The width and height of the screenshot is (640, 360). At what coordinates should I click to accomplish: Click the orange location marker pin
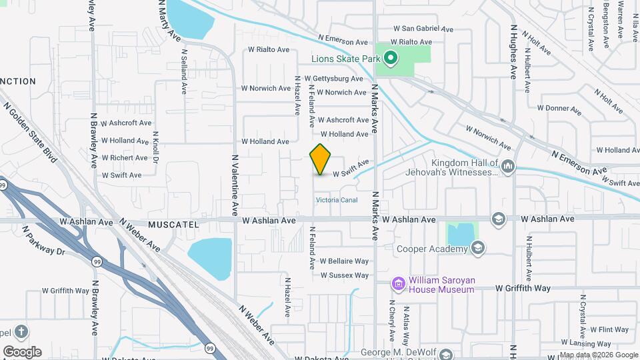[x=321, y=159]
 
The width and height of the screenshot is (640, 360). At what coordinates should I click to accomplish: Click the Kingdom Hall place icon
[x=508, y=166]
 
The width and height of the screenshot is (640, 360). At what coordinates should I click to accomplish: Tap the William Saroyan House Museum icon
[x=399, y=284]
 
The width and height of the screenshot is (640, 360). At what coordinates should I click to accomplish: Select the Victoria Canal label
[x=337, y=200]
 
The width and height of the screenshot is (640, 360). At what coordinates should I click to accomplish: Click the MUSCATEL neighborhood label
[x=174, y=225]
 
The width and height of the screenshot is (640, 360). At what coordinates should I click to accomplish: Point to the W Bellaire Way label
[x=344, y=261]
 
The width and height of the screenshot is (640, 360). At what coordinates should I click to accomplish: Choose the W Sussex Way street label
[x=344, y=275]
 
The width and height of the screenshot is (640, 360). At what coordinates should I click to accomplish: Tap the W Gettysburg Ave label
[x=334, y=79]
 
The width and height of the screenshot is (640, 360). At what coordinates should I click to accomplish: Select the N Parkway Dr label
[x=43, y=241]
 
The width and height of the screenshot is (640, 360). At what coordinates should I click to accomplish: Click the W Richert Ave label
[x=125, y=158]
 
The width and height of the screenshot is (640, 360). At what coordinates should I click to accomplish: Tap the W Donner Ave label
[x=559, y=108]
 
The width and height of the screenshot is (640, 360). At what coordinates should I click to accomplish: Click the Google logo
[x=22, y=351]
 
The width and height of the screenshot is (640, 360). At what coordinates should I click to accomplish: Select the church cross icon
[x=21, y=331]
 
